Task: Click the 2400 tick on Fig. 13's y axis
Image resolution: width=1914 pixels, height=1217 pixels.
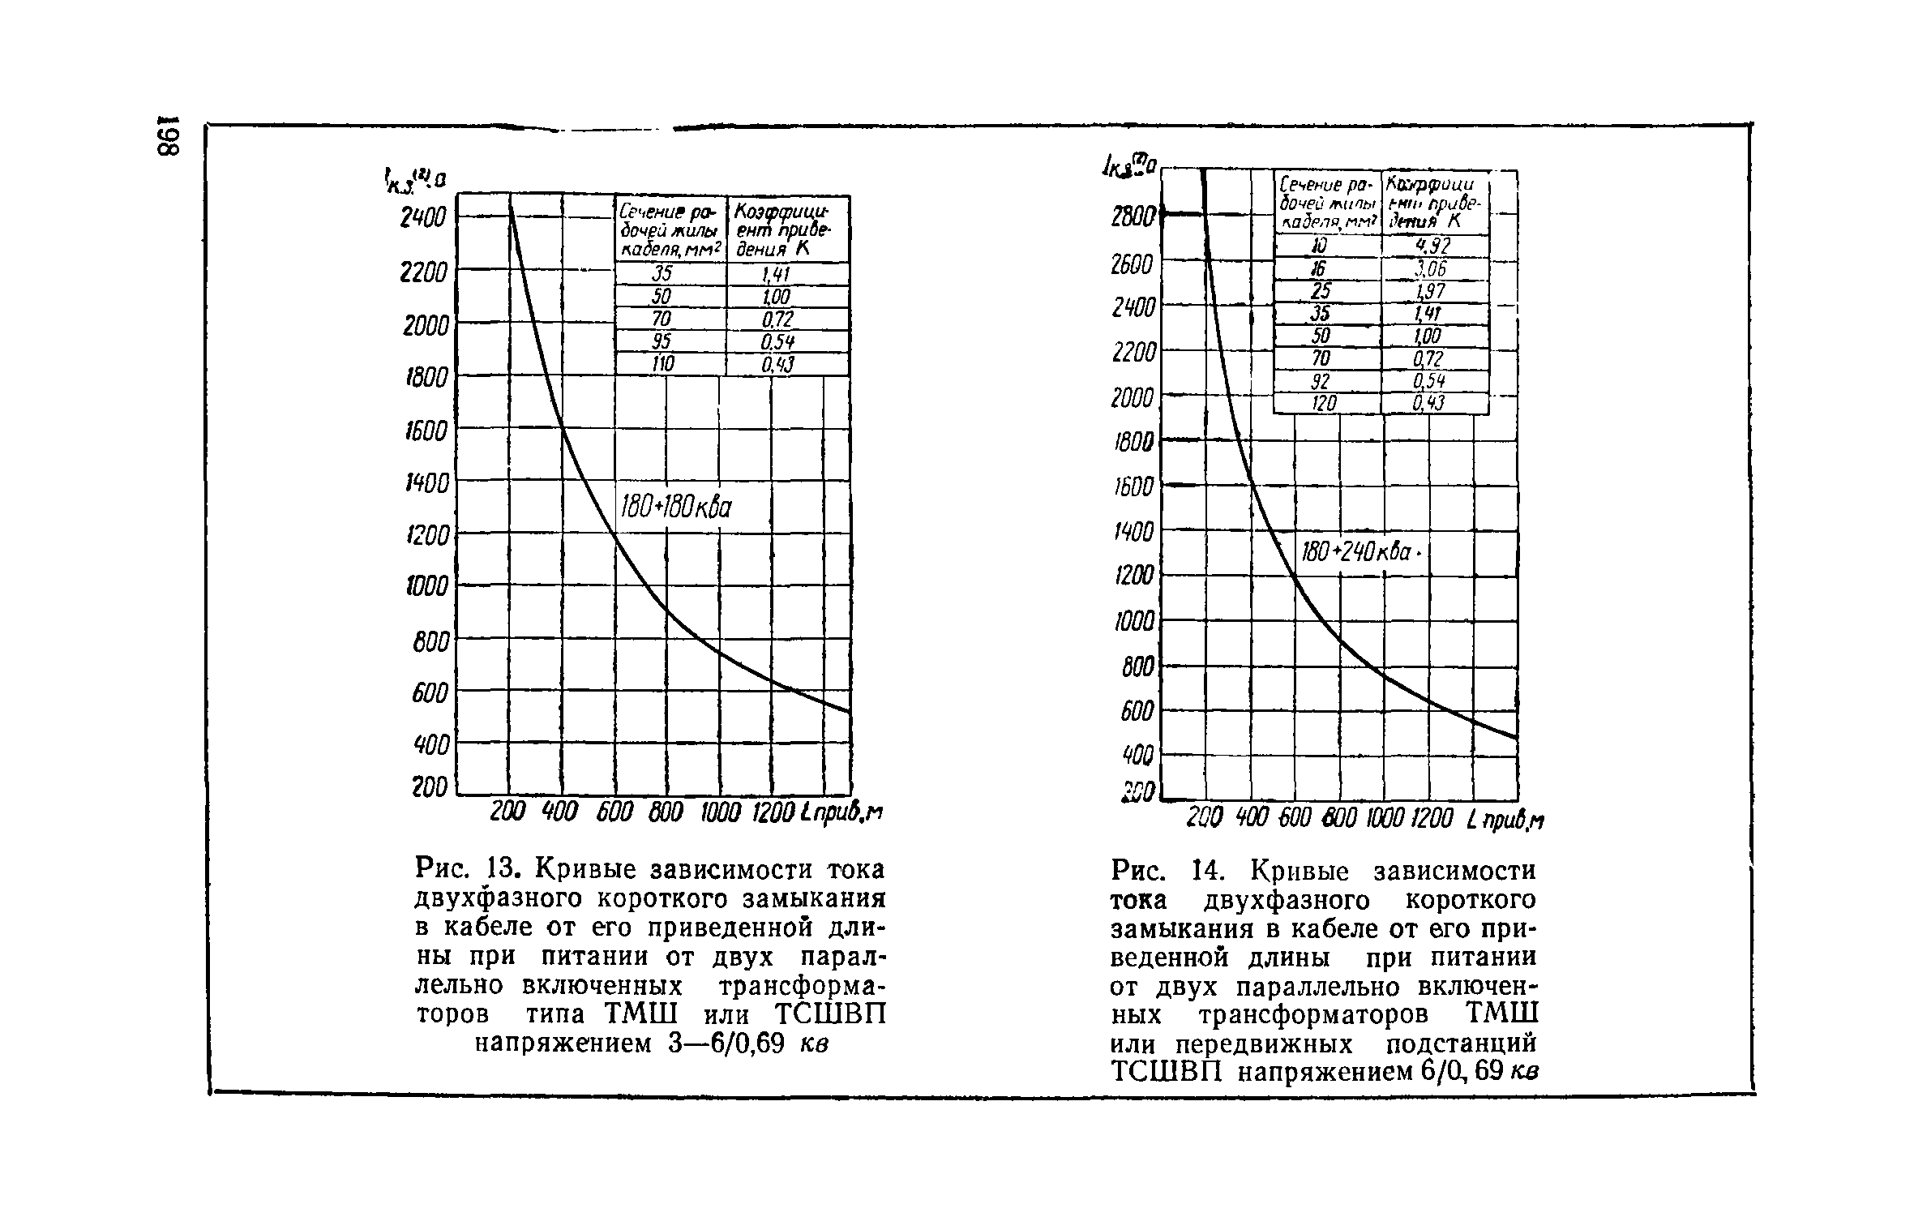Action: tap(423, 218)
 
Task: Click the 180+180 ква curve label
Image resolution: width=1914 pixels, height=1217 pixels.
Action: tap(676, 508)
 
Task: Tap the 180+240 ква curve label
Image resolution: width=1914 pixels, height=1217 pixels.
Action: tap(1358, 553)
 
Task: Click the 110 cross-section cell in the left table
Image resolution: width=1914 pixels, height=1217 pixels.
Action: tap(663, 366)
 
